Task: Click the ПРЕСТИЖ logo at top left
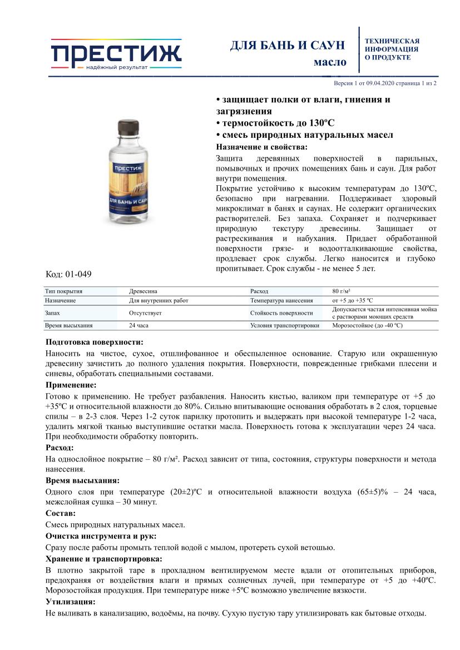[x=116, y=54]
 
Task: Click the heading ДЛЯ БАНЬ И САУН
[x=288, y=46]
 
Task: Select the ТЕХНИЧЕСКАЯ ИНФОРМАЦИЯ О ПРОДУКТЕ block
[x=392, y=49]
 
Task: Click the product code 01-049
[x=78, y=274]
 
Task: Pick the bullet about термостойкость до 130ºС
[x=275, y=123]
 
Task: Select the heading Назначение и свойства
[x=261, y=147]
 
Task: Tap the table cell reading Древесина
[x=143, y=291]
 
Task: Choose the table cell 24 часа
[x=140, y=326]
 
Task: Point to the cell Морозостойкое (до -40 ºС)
[x=367, y=326]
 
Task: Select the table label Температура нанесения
[x=281, y=300]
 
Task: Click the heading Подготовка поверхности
[x=94, y=342]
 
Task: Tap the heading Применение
[x=71, y=384]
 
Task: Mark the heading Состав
[x=60, y=513]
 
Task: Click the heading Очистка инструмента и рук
[x=101, y=536]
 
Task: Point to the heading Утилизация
[x=70, y=602]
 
